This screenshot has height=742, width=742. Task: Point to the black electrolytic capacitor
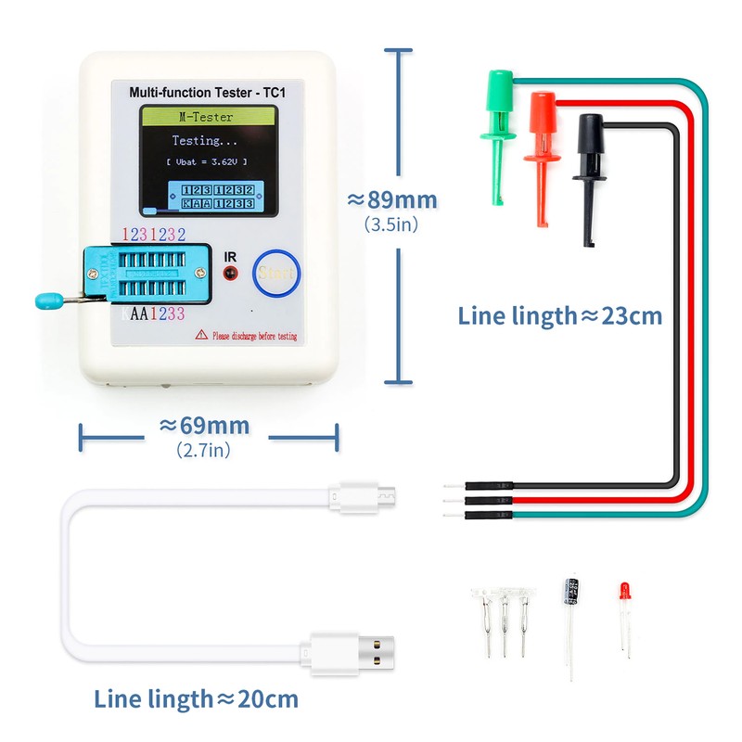point(569,595)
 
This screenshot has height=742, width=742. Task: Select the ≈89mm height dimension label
point(391,200)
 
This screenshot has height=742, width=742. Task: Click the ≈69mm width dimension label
point(204,426)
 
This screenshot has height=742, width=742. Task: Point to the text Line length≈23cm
point(560,315)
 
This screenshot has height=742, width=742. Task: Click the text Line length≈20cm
point(197,698)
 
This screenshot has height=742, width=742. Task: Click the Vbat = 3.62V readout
point(207,161)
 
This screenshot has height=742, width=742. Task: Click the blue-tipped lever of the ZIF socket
point(46,300)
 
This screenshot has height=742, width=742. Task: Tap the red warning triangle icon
point(200,335)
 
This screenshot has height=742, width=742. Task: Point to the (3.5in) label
point(390,224)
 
